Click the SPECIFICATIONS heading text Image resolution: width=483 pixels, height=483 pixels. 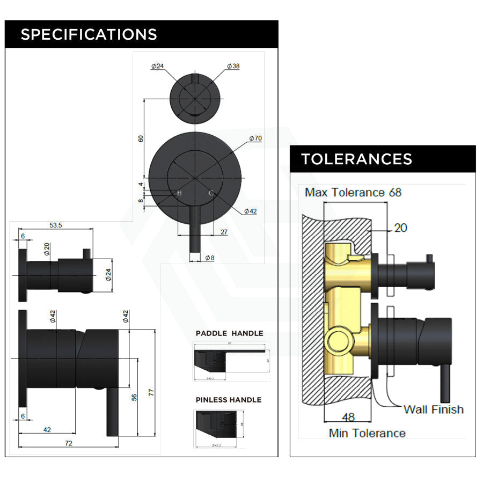(89, 34)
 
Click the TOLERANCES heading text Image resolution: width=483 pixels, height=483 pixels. (356, 159)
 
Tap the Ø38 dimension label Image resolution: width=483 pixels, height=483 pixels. (233, 66)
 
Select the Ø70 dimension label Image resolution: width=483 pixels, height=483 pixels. (255, 138)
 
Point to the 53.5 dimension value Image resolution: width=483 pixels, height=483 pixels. (56, 225)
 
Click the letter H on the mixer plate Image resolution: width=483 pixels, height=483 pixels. (179, 193)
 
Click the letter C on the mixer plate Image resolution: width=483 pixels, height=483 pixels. (211, 193)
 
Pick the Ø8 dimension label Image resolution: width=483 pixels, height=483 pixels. (210, 258)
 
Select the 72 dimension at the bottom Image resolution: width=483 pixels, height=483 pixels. (68, 443)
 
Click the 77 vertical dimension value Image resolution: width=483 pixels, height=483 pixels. (151, 392)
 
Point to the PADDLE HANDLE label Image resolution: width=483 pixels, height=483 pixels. (229, 333)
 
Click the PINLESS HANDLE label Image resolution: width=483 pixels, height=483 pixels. (228, 400)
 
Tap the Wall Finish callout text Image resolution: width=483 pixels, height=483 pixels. (433, 409)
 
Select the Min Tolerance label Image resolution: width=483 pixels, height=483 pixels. (367, 433)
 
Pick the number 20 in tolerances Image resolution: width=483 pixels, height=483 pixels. (400, 228)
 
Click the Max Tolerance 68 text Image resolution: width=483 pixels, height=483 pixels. (353, 192)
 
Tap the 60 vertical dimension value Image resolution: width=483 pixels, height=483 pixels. (141, 138)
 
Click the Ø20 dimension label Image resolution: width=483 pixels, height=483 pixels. (47, 249)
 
